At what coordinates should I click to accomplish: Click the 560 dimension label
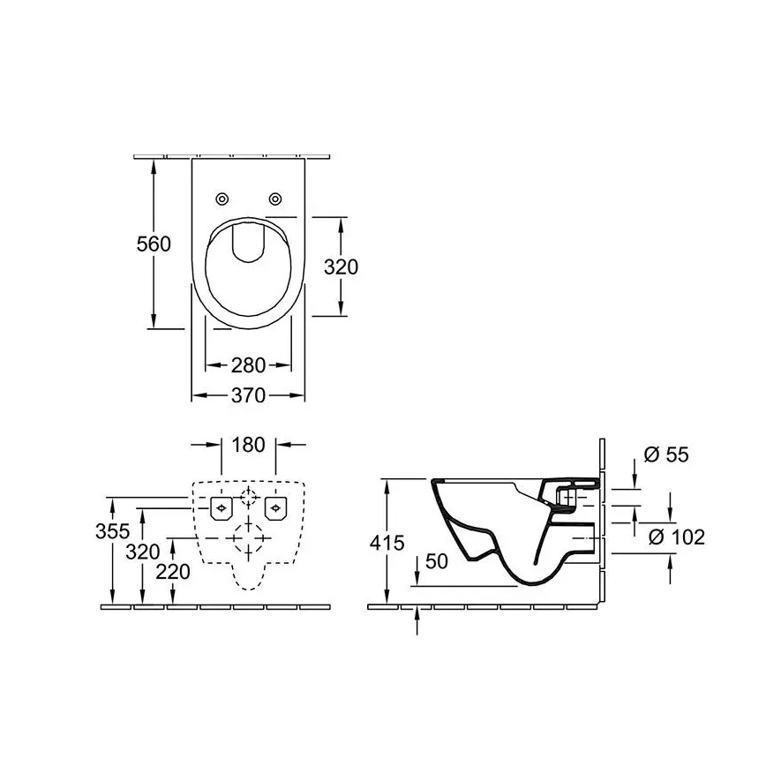154,244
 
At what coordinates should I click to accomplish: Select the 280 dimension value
248,364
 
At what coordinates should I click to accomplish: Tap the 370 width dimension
248,396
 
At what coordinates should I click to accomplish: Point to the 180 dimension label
248,445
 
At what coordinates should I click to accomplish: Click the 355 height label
113,530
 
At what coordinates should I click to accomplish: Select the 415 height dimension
387,543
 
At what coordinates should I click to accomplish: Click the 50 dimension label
436,561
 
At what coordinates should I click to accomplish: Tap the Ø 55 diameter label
666,454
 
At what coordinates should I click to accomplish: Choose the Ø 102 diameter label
676,537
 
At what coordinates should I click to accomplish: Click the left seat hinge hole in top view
222,198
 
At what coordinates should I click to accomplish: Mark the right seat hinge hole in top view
276,198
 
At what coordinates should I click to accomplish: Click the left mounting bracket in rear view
220,507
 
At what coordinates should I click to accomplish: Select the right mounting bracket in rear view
277,507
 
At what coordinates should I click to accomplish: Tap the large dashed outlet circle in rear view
248,537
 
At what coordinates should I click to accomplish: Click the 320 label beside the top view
341,266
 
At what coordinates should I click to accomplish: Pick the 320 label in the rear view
142,552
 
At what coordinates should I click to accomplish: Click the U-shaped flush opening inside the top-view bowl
248,242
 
